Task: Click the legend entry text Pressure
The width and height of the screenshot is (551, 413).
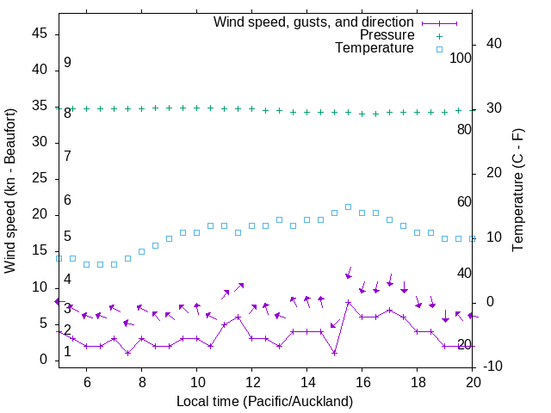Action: tap(387, 35)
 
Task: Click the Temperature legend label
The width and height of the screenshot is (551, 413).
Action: tap(375, 48)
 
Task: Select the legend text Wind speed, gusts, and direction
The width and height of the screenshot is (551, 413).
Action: tap(314, 22)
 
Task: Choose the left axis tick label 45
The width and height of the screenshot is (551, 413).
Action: tap(40, 34)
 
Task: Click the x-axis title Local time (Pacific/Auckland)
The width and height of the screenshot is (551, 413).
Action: tap(264, 401)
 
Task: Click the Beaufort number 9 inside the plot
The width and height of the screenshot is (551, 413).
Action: tap(67, 63)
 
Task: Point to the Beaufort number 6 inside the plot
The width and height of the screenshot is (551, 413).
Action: tap(67, 200)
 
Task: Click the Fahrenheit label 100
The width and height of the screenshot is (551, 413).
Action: tap(461, 58)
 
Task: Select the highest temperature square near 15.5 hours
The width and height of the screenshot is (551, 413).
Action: tap(348, 206)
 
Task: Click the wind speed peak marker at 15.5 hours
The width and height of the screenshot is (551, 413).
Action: tap(348, 302)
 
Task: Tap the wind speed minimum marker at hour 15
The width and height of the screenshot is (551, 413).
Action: tap(334, 353)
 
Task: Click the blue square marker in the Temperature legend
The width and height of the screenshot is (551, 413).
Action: tap(438, 49)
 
